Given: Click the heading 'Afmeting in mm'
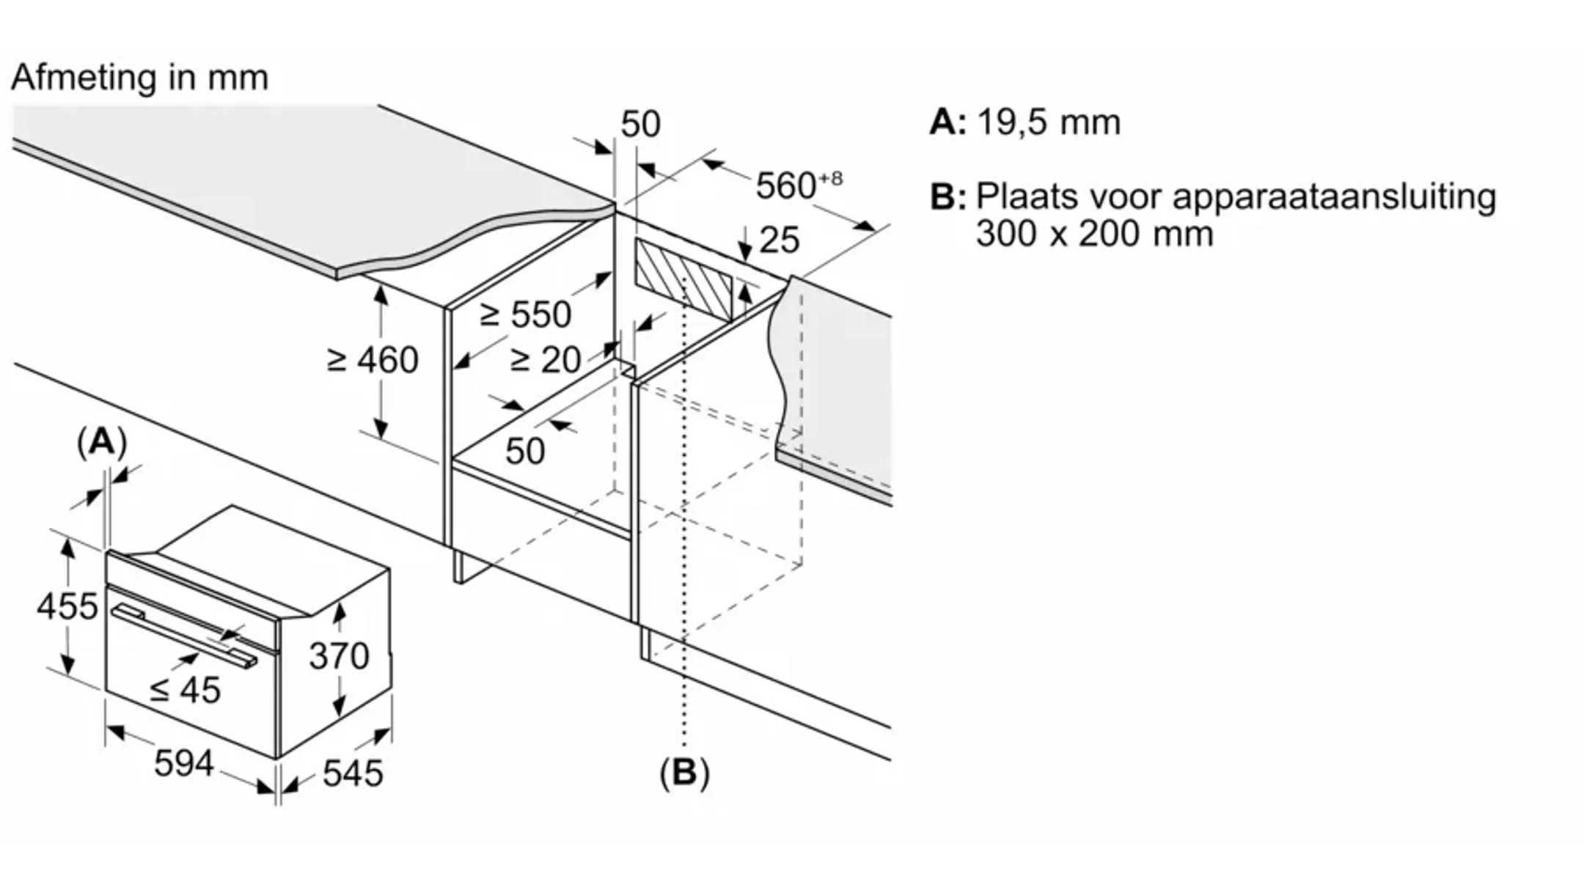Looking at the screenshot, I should coord(139,78).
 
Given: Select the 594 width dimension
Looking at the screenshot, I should coord(184,763).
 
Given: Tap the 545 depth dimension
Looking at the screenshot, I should coord(353,773).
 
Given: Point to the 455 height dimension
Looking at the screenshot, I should coord(67,606).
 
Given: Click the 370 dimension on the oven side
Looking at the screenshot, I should coord(339,655).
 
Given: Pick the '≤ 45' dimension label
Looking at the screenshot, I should coord(185,690).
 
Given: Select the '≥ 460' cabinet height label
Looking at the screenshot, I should coord(373,360).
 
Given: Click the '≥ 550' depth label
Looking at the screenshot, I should coord(525,315).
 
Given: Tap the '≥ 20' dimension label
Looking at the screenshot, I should coord(545,360).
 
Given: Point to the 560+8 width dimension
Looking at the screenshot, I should coord(798,185).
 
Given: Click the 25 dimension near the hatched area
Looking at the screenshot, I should coord(779,240).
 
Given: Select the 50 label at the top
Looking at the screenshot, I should coord(640,124).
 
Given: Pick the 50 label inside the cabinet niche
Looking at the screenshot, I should coord(525,451).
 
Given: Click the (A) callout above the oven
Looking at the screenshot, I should coord(102,442).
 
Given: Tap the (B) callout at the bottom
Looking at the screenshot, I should coord(684,773).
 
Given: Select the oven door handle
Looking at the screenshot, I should coord(183,635).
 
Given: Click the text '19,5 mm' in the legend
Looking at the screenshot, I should coord(1049,122).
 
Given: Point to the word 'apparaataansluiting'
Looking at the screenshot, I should coord(1334,197).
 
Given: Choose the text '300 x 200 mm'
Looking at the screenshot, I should coord(1094,234).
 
